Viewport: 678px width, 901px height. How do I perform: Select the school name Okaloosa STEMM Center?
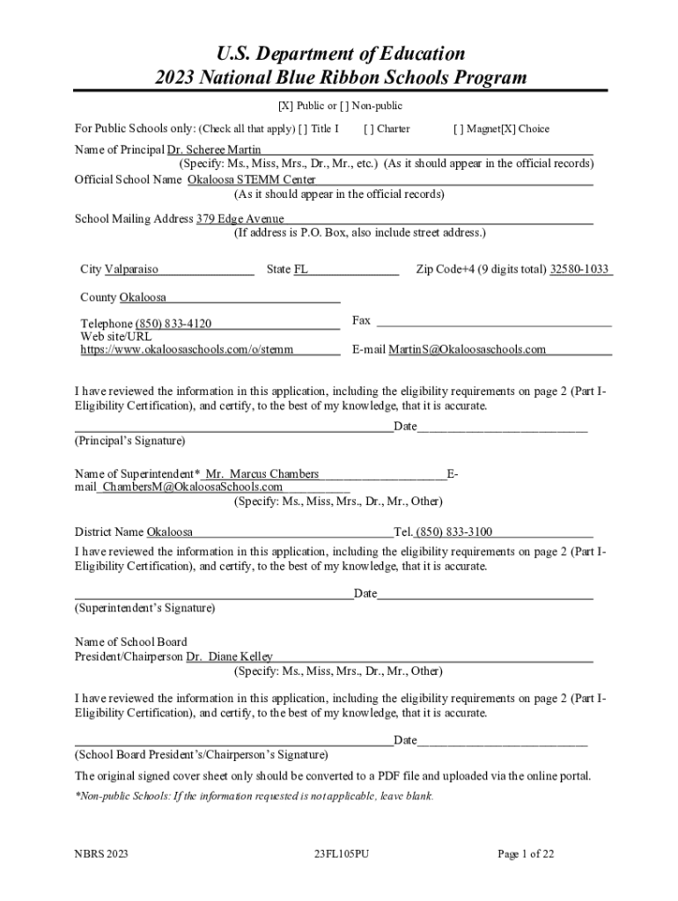pyautogui.click(x=252, y=179)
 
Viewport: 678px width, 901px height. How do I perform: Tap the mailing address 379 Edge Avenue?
pyautogui.click(x=240, y=218)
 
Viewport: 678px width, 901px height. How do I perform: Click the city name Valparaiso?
pyautogui.click(x=131, y=269)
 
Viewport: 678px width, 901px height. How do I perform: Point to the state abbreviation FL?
pyautogui.click(x=301, y=269)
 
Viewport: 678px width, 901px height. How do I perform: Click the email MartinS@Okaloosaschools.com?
pyautogui.click(x=468, y=349)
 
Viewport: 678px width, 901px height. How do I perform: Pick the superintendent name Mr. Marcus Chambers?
pyautogui.click(x=262, y=474)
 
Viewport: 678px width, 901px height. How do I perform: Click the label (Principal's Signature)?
pyautogui.click(x=130, y=440)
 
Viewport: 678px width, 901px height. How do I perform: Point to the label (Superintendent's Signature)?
pyautogui.click(x=144, y=608)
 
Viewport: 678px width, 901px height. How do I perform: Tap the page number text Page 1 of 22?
pyautogui.click(x=526, y=853)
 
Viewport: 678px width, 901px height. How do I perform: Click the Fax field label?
pyautogui.click(x=361, y=320)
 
